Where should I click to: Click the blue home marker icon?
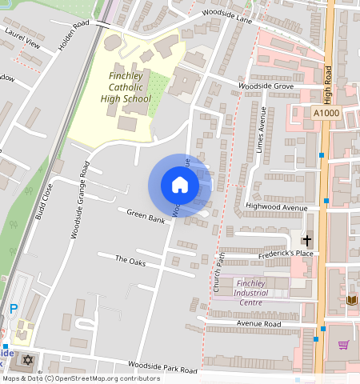[x=180, y=186]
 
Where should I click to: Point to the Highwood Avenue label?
[x=277, y=207]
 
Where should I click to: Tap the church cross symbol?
[x=306, y=240]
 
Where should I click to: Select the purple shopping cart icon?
[x=343, y=345]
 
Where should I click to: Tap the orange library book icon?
[x=351, y=300]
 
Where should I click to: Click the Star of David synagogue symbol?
[x=30, y=360]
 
